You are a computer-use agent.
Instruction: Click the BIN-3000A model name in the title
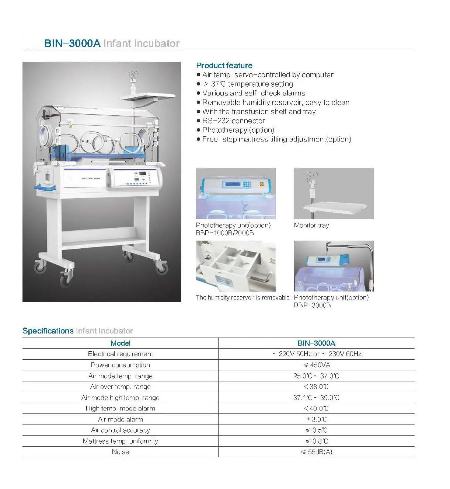(x=72, y=43)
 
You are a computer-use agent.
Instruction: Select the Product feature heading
(x=224, y=66)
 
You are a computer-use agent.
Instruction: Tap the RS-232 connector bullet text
(x=233, y=121)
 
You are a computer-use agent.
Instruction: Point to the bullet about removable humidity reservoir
(x=275, y=102)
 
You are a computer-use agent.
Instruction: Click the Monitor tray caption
(x=311, y=225)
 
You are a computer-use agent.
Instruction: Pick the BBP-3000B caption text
(x=312, y=305)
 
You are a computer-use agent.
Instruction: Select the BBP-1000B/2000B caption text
(x=224, y=233)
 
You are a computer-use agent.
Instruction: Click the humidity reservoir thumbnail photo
(x=236, y=266)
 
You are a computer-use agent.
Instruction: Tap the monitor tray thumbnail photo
(x=334, y=193)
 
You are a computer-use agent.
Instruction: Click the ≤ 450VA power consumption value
(x=316, y=365)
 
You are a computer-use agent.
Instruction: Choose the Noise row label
(x=120, y=452)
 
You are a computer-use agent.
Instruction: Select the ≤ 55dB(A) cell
(x=316, y=452)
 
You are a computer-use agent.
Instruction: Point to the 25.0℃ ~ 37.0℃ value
(x=316, y=376)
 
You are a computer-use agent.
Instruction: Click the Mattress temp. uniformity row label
(x=120, y=441)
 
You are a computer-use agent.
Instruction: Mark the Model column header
(x=120, y=343)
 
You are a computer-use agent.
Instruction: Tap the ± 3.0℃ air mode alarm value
(x=316, y=419)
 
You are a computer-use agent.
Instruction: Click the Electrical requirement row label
(x=120, y=354)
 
